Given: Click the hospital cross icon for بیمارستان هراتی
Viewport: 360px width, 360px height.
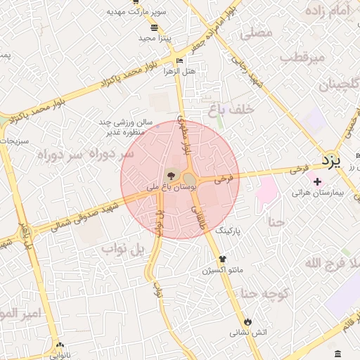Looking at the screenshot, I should click(x=316, y=181).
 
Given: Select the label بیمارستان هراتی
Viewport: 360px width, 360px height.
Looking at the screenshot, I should click(x=316, y=192).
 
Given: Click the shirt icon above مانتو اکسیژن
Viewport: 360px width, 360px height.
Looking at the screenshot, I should click(x=223, y=258).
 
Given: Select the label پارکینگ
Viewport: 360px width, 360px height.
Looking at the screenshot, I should click(x=233, y=230).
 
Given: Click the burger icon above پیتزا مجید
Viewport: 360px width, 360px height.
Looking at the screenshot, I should click(x=154, y=27).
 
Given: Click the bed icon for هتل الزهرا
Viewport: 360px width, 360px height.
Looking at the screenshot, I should click(x=179, y=61).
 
